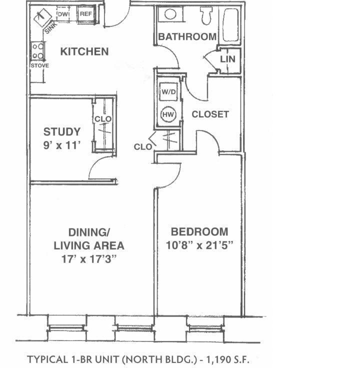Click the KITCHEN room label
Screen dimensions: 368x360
84,51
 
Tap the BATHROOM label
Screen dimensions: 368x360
187,36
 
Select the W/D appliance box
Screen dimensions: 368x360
167,92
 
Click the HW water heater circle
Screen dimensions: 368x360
168,115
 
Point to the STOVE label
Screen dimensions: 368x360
39,65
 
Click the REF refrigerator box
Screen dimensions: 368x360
86,14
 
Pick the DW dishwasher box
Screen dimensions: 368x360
63,14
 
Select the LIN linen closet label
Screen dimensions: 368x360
227,59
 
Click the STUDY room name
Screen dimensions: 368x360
61,132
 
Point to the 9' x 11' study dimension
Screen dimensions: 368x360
61,145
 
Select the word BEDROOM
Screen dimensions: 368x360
199,232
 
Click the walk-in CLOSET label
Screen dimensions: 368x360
210,114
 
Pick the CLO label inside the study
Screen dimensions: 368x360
103,119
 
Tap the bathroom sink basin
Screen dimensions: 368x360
170,14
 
